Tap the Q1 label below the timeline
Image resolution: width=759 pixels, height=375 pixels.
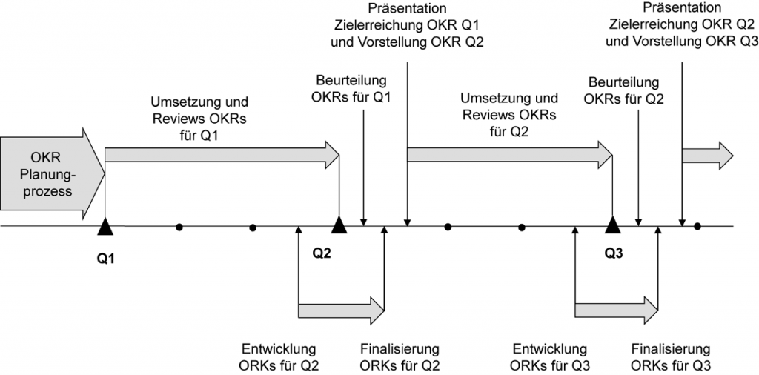(107, 259)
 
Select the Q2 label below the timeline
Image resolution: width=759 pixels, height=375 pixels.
(321, 253)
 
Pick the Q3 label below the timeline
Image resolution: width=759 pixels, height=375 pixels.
(614, 253)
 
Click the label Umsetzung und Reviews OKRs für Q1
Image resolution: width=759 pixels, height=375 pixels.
(200, 119)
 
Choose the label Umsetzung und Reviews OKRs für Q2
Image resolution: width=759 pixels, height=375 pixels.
(508, 114)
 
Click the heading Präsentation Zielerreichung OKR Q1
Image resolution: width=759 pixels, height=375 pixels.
(408, 24)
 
